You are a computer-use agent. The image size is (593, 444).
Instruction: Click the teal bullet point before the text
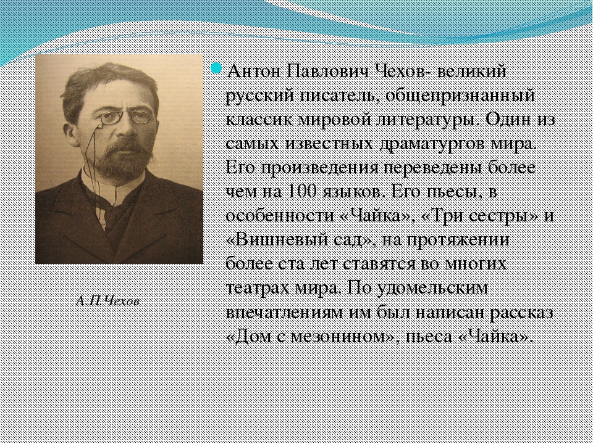click(216, 68)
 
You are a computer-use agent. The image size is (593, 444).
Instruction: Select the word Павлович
click(328, 71)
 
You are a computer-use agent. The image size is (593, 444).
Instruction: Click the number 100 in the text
click(302, 192)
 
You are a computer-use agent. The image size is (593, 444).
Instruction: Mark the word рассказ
click(521, 313)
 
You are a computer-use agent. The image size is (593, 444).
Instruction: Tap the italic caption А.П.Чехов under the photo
click(107, 302)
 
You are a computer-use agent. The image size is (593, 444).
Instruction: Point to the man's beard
click(120, 158)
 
